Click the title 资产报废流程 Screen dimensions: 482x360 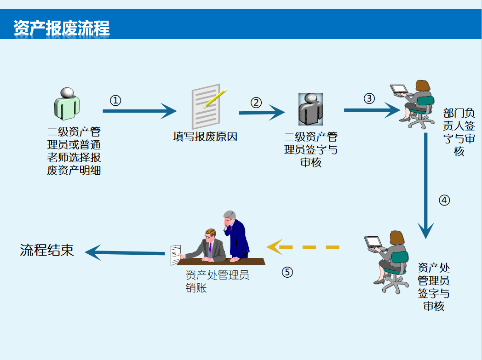pos(62,28)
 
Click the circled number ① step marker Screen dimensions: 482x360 pos(115,100)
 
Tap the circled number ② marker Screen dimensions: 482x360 pos(256,103)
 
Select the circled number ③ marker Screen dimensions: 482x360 pos(369,98)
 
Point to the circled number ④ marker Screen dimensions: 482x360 pos(444,200)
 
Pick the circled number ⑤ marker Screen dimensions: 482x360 pos(287,272)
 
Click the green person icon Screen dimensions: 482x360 pos(67,104)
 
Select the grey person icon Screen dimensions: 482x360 pos(311,109)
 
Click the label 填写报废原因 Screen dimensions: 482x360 pos(205,137)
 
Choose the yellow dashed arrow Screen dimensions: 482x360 pos(303,247)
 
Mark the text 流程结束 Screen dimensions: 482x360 pos(47,250)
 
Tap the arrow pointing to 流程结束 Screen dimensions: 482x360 pos(125,252)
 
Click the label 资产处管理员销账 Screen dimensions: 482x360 pos(218,281)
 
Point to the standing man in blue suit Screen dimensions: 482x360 pos(236,235)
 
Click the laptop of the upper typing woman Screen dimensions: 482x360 pos(399,90)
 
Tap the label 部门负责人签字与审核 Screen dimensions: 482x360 pos(459,132)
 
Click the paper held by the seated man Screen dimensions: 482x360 pos(176,255)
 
